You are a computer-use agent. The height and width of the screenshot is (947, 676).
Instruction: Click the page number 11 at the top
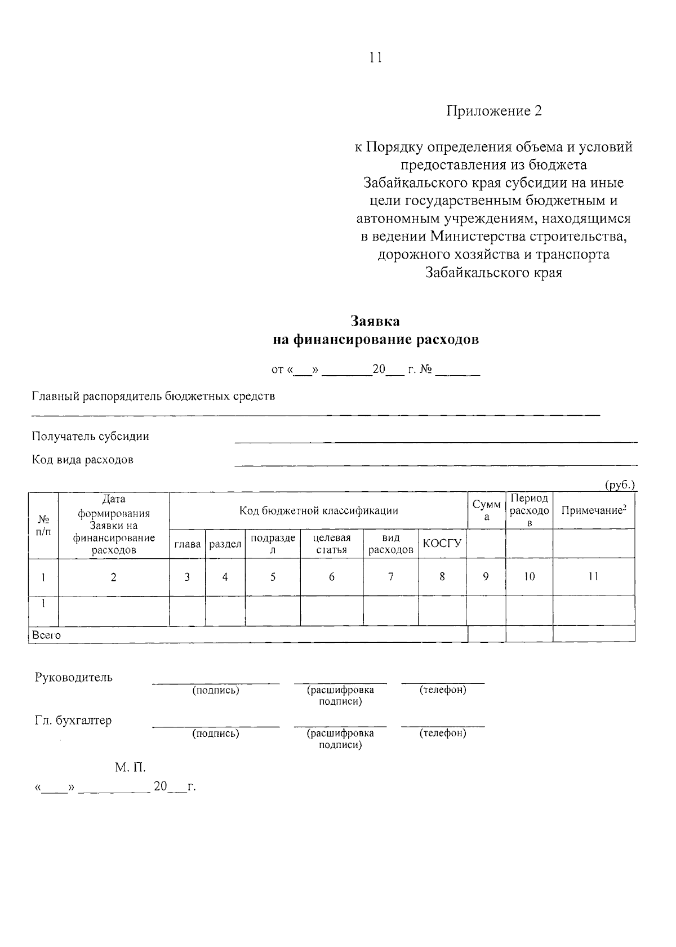click(376, 57)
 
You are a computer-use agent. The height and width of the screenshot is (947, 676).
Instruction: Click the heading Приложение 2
click(493, 110)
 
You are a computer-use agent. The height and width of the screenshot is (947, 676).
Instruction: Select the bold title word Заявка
click(375, 321)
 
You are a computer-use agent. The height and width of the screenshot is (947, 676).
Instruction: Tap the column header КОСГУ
click(442, 544)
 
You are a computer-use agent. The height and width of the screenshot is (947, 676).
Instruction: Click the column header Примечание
click(593, 510)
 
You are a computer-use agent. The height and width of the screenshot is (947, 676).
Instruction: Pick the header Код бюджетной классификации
click(318, 511)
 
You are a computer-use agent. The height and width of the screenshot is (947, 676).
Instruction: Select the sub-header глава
click(188, 544)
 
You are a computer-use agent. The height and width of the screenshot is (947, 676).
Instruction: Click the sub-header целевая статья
click(331, 544)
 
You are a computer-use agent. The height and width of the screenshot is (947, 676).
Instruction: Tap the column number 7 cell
click(390, 577)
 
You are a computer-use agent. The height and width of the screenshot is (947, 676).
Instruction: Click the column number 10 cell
click(529, 577)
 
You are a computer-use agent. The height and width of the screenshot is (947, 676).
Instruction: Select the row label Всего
click(46, 635)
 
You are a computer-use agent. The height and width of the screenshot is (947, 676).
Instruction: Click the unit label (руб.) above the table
click(620, 485)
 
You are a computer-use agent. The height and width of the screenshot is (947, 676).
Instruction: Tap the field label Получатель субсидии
click(90, 437)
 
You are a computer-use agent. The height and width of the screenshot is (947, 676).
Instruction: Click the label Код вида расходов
click(82, 460)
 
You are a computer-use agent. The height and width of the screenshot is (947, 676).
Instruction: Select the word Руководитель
click(73, 678)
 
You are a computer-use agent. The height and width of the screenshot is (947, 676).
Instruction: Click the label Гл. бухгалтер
click(73, 721)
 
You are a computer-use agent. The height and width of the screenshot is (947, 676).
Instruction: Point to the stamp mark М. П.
click(130, 767)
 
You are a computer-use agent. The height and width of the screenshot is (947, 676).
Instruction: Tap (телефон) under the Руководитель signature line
click(443, 690)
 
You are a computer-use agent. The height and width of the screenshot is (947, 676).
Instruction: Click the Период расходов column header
click(529, 510)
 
